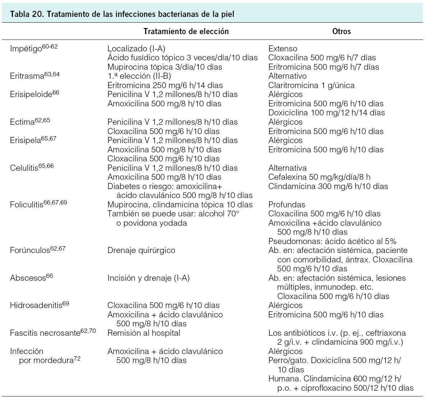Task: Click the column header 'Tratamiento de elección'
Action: (x=186, y=31)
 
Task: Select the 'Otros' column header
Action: (x=342, y=31)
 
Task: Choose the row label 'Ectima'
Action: (x=22, y=122)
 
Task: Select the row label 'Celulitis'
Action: (x=24, y=168)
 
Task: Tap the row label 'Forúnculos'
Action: (x=29, y=251)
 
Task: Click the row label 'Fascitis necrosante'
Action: (x=45, y=333)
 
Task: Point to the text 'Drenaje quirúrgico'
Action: (x=141, y=251)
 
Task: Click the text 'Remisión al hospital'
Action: (x=144, y=333)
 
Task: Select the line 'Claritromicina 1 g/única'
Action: (x=311, y=86)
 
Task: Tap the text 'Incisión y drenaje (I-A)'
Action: (x=148, y=278)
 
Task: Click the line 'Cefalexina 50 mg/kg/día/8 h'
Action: (x=319, y=177)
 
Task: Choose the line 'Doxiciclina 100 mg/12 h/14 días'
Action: (x=326, y=113)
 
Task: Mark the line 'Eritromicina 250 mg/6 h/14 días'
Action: (x=165, y=86)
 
